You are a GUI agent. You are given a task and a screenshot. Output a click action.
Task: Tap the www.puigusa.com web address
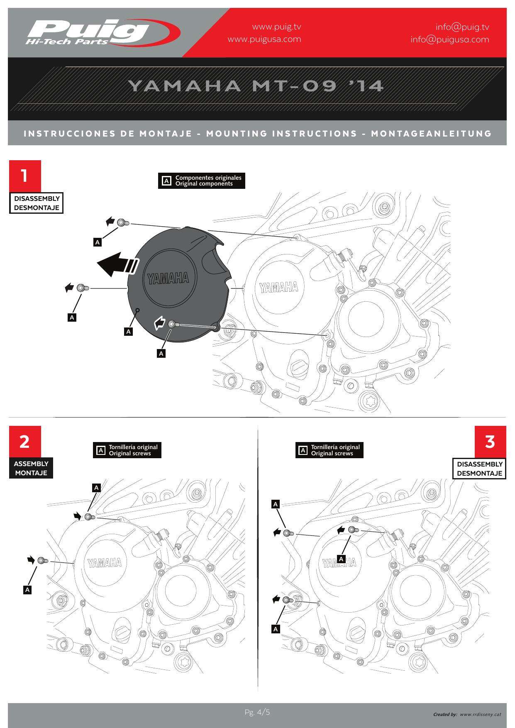coord(264,39)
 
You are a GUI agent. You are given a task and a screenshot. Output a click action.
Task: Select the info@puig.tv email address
coord(462,27)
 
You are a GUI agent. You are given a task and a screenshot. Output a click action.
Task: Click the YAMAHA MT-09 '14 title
coord(256,86)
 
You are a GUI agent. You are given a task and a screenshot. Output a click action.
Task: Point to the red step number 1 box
coord(25,176)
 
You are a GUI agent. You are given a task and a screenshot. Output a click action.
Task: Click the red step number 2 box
coord(25,441)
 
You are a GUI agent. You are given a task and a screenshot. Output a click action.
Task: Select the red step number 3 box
coord(490,441)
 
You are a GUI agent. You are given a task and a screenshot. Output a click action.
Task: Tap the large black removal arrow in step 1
coord(117,264)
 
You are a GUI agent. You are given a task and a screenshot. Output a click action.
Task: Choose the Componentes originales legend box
coord(202,181)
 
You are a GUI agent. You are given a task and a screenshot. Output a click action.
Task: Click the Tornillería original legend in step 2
coord(127,450)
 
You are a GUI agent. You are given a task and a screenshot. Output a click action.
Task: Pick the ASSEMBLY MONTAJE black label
coord(31,468)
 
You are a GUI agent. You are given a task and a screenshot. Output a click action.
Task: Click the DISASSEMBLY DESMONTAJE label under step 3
coord(479,469)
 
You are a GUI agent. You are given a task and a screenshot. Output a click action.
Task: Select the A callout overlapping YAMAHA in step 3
coord(341,559)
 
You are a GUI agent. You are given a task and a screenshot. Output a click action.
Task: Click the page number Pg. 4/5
coord(257,713)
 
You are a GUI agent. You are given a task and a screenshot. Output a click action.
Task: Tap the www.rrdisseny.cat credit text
coord(480,714)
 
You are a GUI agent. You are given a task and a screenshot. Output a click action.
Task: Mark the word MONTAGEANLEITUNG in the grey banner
coord(431,134)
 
